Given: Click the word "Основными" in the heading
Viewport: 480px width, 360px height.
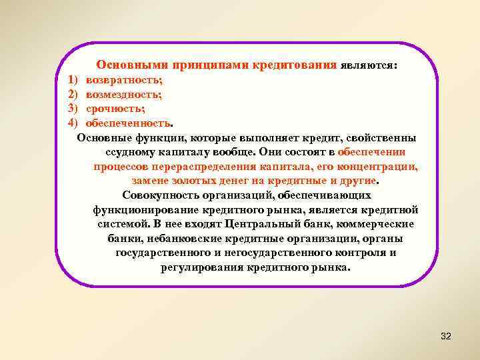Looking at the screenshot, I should pyautogui.click(x=132, y=65).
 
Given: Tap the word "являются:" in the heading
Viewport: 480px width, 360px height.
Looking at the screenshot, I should pyautogui.click(x=369, y=66).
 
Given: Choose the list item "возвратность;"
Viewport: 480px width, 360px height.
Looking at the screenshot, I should pyautogui.click(x=124, y=81).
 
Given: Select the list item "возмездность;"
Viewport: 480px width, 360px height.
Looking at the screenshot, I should pyautogui.click(x=123, y=95).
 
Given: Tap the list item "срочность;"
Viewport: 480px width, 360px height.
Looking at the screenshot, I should pyautogui.click(x=115, y=109).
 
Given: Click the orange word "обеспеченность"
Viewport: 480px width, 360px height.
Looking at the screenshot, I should pyautogui.click(x=129, y=123).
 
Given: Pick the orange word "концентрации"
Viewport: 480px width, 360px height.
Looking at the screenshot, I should pyautogui.click(x=381, y=167).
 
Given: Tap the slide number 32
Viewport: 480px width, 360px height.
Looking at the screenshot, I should pyautogui.click(x=446, y=337).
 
